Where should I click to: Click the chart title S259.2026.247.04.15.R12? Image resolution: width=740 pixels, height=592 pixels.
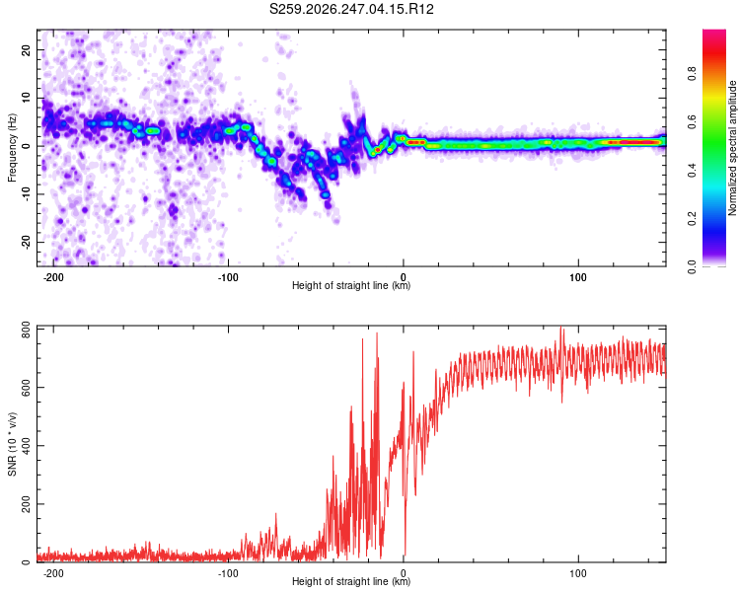tap(351, 9)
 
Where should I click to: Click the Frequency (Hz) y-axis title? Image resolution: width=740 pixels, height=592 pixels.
tap(12, 148)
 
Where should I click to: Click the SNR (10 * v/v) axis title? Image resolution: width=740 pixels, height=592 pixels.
tap(12, 444)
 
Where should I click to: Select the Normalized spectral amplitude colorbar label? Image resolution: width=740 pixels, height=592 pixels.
tap(732, 148)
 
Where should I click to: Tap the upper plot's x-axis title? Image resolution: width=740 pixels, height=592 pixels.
tap(351, 285)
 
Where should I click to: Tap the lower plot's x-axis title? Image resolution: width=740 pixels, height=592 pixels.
tap(351, 581)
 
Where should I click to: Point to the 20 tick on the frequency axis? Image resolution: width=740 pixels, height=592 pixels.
tap(26, 50)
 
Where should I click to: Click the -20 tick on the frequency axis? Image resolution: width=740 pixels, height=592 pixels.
tap(26, 242)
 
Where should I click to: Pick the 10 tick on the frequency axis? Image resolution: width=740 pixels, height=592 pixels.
tap(26, 99)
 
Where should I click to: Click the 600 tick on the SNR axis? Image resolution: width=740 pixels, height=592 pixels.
tap(26, 387)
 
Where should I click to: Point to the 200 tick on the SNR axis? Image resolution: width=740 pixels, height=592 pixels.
tap(26, 504)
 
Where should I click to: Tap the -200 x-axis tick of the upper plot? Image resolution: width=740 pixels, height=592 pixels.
tap(53, 277)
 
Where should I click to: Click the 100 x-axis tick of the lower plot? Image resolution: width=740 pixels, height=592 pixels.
tap(578, 573)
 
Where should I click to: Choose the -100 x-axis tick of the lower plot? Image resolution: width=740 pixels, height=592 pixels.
tap(228, 573)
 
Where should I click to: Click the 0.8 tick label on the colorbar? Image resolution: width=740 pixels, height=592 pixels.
tap(692, 74)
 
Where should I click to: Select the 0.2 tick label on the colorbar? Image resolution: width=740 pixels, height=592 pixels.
tap(692, 219)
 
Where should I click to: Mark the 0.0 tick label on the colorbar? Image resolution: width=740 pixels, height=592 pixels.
tap(692, 267)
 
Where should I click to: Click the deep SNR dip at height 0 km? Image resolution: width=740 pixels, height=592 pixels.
tap(405, 553)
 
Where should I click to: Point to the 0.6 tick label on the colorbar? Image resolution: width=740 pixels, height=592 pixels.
tap(692, 121)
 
